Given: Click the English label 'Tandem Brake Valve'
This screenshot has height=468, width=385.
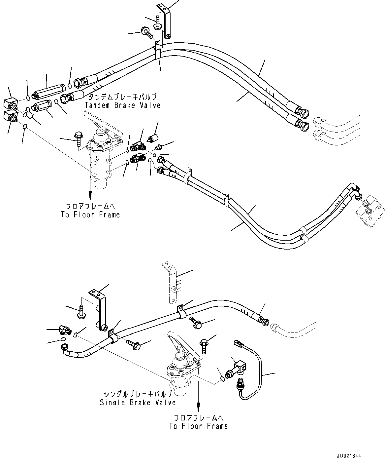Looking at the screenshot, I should (x=122, y=105).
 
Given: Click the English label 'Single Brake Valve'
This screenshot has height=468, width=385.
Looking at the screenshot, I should (x=138, y=403).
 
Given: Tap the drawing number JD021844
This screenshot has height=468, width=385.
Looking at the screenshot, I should (x=349, y=456).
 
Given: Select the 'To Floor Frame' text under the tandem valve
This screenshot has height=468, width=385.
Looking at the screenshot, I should (x=90, y=215).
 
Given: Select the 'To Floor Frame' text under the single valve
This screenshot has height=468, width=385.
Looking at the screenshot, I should (x=198, y=426).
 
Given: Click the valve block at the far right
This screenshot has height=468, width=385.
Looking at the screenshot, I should (x=370, y=213).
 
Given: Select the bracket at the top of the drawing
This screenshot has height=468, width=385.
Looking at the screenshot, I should (x=164, y=20).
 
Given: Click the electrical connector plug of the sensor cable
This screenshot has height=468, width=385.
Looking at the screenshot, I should (x=238, y=345).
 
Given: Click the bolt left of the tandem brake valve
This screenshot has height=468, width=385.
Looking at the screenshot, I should (x=79, y=138).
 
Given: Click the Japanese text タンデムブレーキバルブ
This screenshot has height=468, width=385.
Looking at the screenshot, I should (x=122, y=97).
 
